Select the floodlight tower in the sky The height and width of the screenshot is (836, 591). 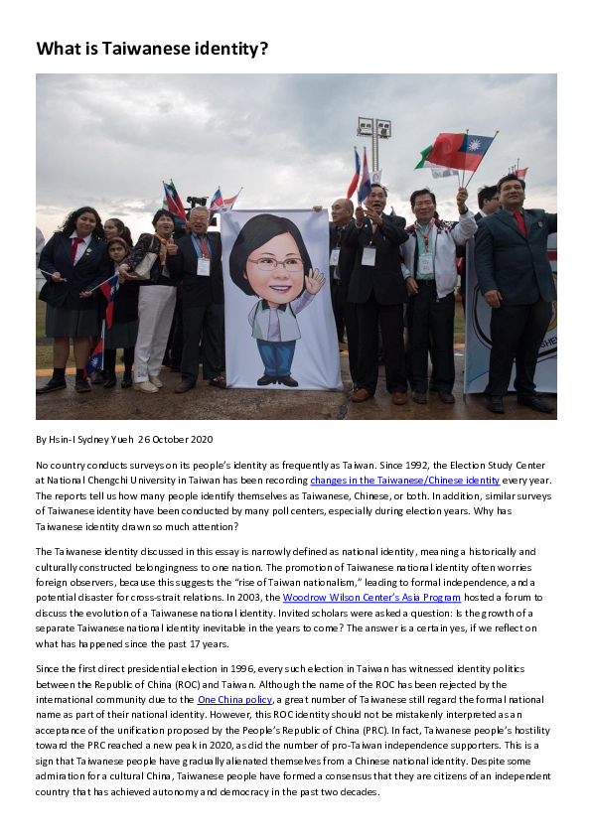click(x=373, y=130)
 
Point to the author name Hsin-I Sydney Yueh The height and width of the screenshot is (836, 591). click(x=90, y=439)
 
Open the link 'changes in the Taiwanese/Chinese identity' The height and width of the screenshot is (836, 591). click(x=404, y=480)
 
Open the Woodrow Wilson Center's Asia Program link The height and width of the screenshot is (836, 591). click(x=372, y=597)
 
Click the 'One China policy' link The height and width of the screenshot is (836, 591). click(x=234, y=699)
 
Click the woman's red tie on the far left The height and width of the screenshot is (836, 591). click(x=76, y=248)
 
